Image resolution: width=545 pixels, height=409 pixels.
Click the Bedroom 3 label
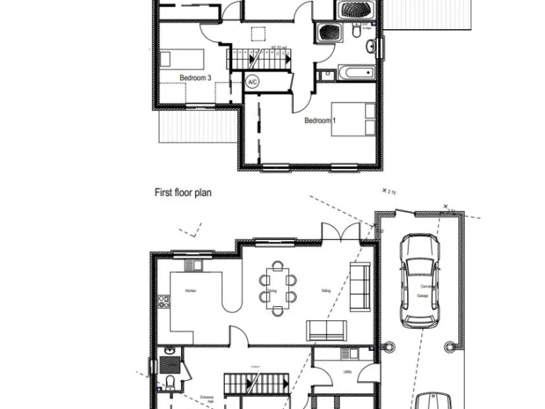(x=195, y=78)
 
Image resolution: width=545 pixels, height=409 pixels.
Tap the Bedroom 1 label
(x=320, y=121)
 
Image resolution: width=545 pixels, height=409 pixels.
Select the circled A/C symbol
(x=252, y=82)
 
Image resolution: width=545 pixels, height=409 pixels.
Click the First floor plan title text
(x=184, y=192)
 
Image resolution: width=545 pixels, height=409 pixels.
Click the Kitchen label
(x=190, y=290)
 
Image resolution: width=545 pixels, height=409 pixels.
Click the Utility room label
(x=347, y=371)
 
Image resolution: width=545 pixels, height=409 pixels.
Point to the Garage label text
(x=423, y=295)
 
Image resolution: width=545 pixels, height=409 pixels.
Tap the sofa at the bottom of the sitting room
(x=326, y=329)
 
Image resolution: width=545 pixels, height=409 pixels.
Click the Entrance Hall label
(x=207, y=400)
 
